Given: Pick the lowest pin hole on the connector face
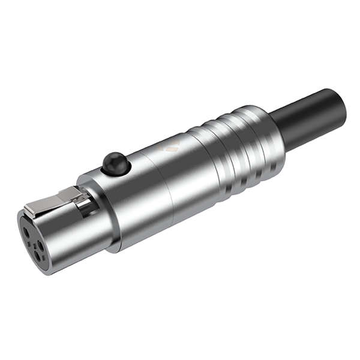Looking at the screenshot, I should tap(41, 256).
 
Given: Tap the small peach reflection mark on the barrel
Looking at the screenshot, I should tap(173, 146).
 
